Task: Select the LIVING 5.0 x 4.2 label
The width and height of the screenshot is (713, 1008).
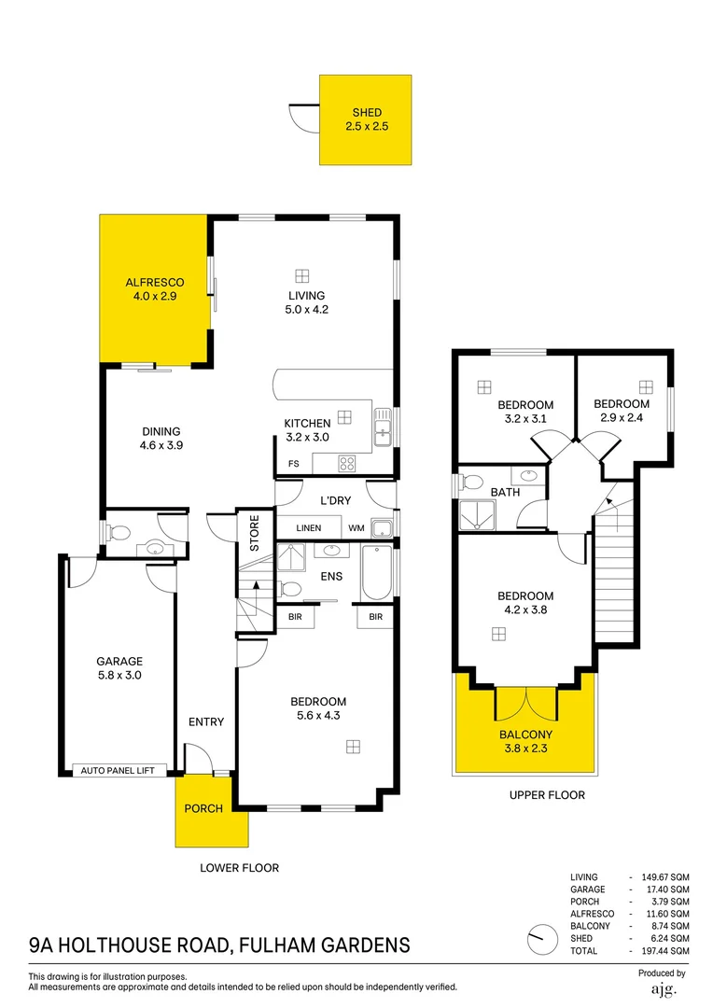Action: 306,302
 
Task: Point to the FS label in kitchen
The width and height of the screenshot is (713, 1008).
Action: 293,463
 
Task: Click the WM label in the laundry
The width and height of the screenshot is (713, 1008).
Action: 356,528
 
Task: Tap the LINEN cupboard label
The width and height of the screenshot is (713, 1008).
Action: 309,528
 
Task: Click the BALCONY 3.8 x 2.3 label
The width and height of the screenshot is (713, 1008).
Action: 525,741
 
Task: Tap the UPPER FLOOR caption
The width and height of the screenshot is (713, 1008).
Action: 547,795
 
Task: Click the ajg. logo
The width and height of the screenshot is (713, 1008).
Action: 662,988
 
